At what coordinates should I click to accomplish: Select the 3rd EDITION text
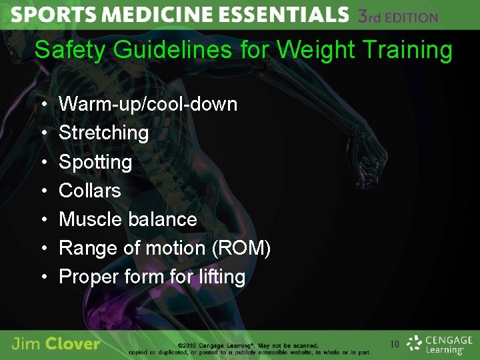pyautogui.click(x=398, y=16)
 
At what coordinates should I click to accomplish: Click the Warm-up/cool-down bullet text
pyautogui.click(x=148, y=104)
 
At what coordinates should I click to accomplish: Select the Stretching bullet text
pyautogui.click(x=103, y=133)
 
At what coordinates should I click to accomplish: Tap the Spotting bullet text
pyautogui.click(x=95, y=161)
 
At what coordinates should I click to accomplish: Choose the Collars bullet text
pyautogui.click(x=90, y=191)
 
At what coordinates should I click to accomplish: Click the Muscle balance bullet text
pyautogui.click(x=128, y=219)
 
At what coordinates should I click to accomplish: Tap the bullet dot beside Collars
pyautogui.click(x=43, y=191)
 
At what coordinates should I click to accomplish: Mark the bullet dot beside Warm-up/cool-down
pyautogui.click(x=43, y=105)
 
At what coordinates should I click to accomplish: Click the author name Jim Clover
pyautogui.click(x=55, y=344)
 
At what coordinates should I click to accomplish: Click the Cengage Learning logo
pyautogui.click(x=440, y=344)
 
